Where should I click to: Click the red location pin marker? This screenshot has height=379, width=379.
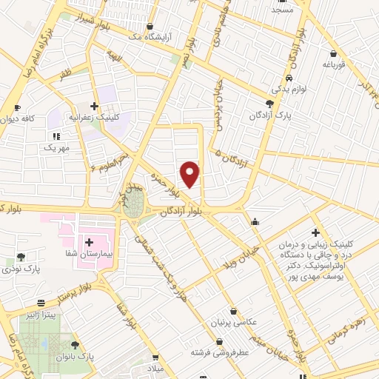[190, 173]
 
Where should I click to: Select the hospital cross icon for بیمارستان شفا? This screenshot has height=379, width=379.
[89, 242]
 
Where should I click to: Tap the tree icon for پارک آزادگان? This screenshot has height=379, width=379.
[270, 104]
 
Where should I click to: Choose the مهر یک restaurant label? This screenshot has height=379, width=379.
[56, 147]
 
